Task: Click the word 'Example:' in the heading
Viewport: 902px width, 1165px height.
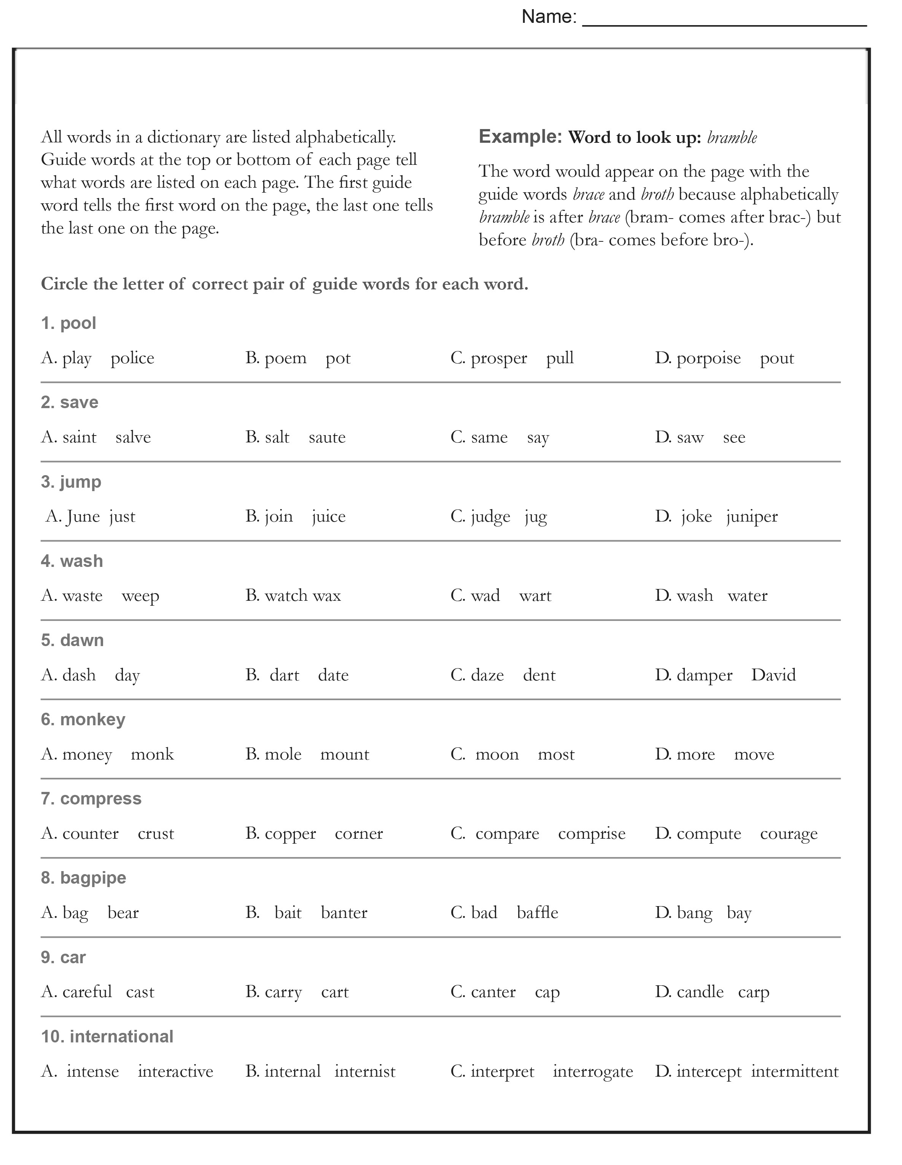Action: pos(520,137)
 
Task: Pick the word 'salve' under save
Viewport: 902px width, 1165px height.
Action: pos(133,437)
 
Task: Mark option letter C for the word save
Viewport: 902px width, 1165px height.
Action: pos(457,437)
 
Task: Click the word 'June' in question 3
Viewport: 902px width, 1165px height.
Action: pos(83,516)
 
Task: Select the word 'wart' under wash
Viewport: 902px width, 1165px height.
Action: pos(535,596)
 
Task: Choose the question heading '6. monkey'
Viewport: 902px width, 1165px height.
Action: pos(83,720)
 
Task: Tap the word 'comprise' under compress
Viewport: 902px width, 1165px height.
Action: pos(592,834)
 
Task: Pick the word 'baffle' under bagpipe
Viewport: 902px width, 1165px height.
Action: pos(538,913)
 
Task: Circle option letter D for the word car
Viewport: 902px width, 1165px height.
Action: pos(663,992)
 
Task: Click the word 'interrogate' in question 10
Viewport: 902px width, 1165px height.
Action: pos(593,1072)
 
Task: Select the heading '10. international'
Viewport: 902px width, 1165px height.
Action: pos(107,1036)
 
